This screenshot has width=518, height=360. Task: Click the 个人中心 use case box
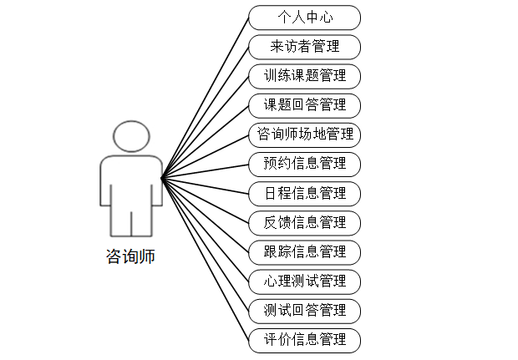click(x=304, y=18)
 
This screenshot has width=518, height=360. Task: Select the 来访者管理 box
click(x=304, y=47)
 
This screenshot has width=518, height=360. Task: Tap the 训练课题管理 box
click(x=304, y=76)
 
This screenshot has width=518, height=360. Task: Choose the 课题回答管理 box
click(x=304, y=105)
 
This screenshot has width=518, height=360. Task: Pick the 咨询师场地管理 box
click(x=304, y=134)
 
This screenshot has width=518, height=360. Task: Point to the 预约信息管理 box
click(x=304, y=164)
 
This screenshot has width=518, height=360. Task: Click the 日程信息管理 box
click(x=304, y=194)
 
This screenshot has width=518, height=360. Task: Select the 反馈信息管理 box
click(x=304, y=223)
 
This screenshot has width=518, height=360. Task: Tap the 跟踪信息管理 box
click(x=304, y=252)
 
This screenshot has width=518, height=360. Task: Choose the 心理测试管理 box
click(x=304, y=281)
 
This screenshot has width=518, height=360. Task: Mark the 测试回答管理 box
click(x=304, y=311)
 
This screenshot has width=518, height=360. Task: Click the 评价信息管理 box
click(x=304, y=340)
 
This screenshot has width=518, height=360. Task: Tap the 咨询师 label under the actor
click(x=130, y=256)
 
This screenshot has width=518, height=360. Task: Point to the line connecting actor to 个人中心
click(x=205, y=97)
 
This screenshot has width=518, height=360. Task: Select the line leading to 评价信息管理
click(x=205, y=259)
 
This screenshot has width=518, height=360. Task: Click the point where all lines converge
click(x=162, y=177)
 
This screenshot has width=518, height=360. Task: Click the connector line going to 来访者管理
click(x=205, y=112)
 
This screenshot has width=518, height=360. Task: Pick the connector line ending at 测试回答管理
click(x=205, y=244)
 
